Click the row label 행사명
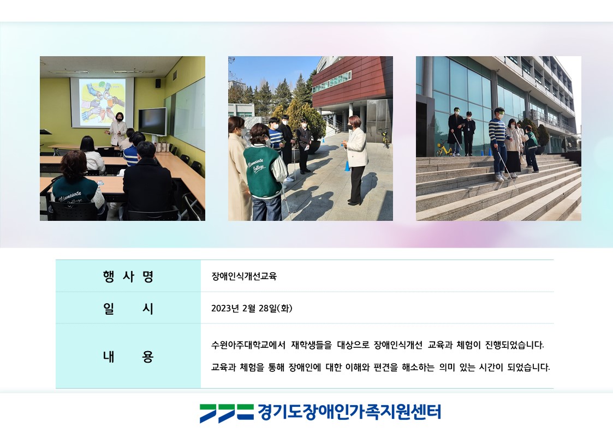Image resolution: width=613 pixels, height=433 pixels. (x=128, y=276)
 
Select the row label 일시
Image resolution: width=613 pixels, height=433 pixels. (x=128, y=309)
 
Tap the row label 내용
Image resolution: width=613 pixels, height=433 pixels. (x=128, y=357)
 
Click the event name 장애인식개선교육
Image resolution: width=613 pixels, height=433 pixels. (x=244, y=276)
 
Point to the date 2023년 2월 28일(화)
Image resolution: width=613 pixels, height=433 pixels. (x=252, y=309)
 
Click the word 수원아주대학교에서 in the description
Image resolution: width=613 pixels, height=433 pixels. (x=248, y=345)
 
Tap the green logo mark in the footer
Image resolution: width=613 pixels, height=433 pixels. (x=227, y=413)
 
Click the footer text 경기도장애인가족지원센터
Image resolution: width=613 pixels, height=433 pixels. (x=349, y=412)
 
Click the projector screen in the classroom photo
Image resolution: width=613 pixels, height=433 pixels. (x=102, y=102)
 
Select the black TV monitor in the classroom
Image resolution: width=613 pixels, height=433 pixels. (x=152, y=122)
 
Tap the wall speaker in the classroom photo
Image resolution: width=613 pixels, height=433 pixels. (x=158, y=83)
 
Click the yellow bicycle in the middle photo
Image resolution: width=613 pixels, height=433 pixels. (x=385, y=138)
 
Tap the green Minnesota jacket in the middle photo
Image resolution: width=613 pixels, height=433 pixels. (x=263, y=171)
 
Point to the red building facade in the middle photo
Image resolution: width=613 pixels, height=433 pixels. (x=352, y=81)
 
